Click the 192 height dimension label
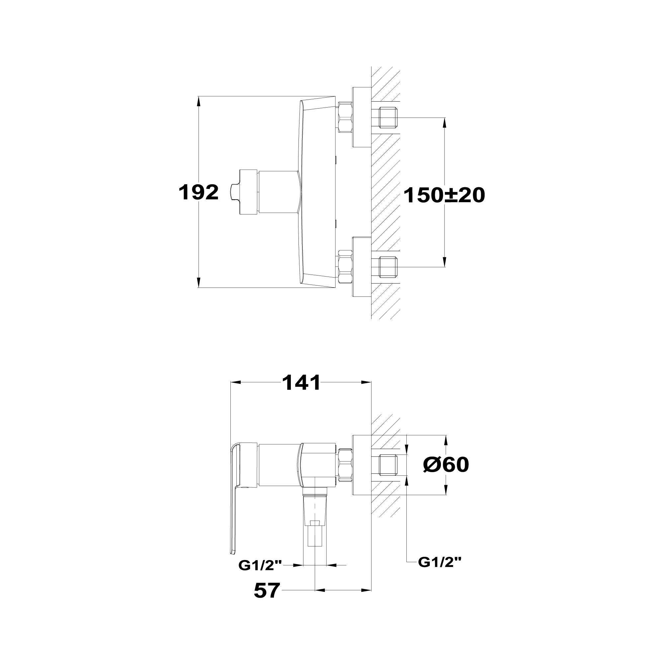198,193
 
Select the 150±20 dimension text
444,195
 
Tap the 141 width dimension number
301,382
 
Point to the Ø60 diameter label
446,465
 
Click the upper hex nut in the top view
345,117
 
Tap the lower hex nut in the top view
345,267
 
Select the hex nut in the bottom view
345,464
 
